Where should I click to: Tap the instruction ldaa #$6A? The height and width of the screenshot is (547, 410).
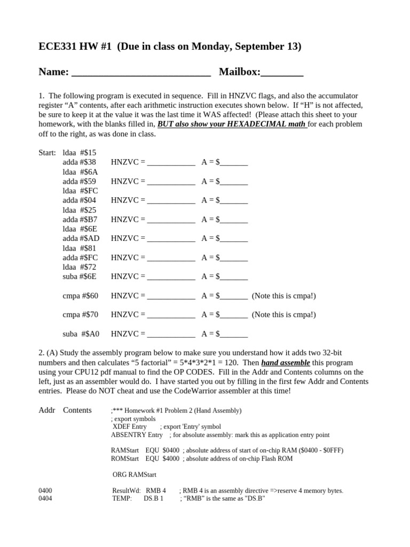pos(80,171)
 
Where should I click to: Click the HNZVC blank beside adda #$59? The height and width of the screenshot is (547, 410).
pos(171,182)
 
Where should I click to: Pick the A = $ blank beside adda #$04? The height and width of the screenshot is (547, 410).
pos(234,201)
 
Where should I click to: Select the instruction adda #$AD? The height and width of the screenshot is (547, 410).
pos(81,238)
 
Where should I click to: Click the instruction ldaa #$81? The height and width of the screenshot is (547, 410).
pos(80,248)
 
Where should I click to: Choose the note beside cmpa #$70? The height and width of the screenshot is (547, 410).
pos(283,315)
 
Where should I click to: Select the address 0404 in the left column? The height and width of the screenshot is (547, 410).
pos(45,499)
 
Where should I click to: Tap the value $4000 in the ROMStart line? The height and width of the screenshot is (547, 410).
pos(171,458)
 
